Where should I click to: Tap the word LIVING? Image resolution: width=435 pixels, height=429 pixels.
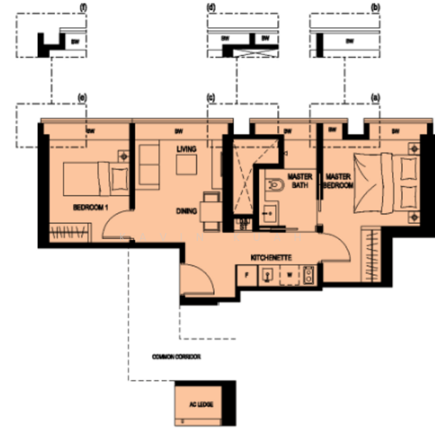tap(186, 148)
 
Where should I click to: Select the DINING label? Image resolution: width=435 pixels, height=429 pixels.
tap(187, 211)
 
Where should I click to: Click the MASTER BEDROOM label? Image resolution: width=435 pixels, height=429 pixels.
tap(339, 180)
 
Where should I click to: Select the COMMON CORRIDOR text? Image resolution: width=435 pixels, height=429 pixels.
tap(174, 355)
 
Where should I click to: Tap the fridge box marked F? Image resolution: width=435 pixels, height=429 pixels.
tap(247, 273)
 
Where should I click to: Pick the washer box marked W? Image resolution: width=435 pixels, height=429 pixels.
tap(289, 273)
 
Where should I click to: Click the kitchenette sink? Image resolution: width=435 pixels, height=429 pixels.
tap(269, 273)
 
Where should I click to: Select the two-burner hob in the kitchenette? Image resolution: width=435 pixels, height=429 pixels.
tap(309, 273)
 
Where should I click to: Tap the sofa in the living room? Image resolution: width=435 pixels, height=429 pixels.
tap(149, 165)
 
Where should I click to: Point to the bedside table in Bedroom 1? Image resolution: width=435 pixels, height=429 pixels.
tap(124, 154)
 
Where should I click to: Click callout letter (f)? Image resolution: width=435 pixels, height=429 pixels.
tap(84, 6)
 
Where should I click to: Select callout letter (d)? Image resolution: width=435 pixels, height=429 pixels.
tap(211, 6)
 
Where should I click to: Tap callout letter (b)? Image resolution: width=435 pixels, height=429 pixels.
tap(375, 6)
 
